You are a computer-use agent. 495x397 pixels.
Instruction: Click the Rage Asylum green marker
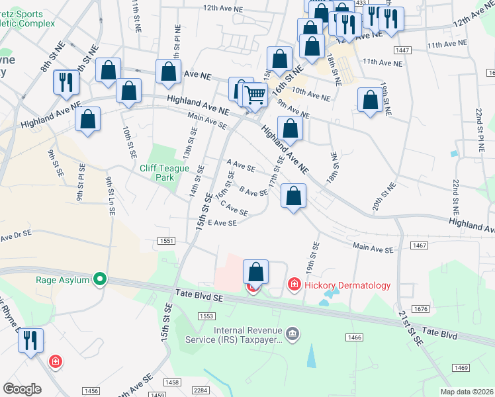(x=100, y=280)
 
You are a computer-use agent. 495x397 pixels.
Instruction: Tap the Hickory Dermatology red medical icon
(x=294, y=285)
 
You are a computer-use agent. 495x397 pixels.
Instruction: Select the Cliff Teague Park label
(x=157, y=172)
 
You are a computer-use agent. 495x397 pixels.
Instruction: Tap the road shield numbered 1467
(x=419, y=245)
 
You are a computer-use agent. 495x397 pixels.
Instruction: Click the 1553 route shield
(x=207, y=318)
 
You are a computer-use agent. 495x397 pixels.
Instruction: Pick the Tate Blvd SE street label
(x=201, y=296)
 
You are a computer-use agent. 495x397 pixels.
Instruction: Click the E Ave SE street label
(x=222, y=224)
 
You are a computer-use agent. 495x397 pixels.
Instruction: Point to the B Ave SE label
(x=253, y=191)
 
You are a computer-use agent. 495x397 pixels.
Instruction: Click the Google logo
(x=22, y=388)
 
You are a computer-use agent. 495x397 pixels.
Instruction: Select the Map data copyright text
(x=467, y=392)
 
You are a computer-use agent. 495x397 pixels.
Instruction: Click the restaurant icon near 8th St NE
(x=66, y=82)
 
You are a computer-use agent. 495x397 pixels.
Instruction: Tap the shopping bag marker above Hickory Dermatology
(x=255, y=272)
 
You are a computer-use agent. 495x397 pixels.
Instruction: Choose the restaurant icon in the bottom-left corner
(x=30, y=341)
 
